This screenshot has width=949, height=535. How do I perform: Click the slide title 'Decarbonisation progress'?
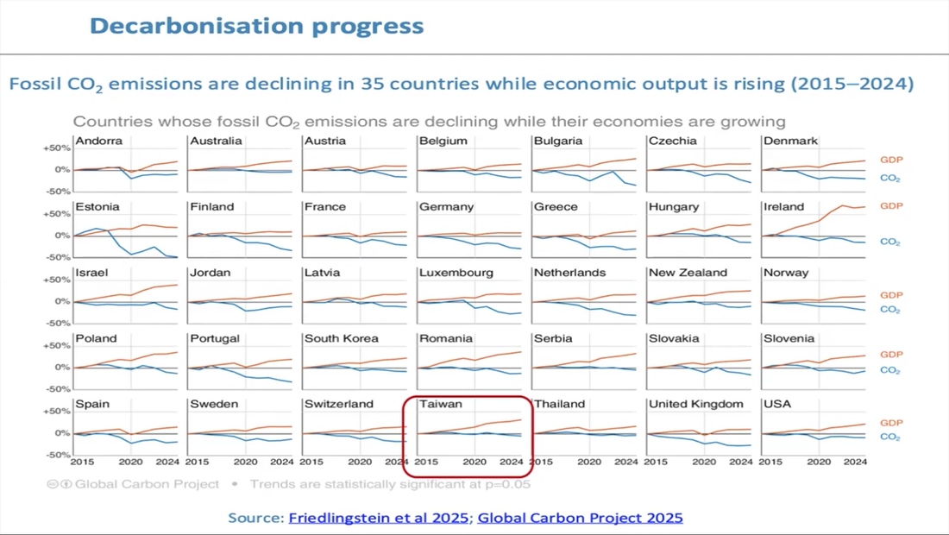point(256,26)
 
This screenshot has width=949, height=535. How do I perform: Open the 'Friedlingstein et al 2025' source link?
point(380,518)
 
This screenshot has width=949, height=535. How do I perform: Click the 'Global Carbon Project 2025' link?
point(580,518)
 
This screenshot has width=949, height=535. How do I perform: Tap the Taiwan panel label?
point(441,404)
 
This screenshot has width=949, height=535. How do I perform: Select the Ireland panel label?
point(783,207)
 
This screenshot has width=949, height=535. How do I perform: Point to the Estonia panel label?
point(97,207)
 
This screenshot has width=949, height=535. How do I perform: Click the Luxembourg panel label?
point(456,273)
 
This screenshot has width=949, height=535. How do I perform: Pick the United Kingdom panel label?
point(695,404)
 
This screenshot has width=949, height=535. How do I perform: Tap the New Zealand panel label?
point(688,273)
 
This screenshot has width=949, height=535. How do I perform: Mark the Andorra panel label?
point(98,141)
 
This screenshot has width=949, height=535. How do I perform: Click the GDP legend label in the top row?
point(891,160)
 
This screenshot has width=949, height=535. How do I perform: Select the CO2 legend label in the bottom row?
point(890,437)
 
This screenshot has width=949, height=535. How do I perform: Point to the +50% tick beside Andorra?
point(56,148)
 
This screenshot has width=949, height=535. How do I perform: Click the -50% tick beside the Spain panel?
point(56,455)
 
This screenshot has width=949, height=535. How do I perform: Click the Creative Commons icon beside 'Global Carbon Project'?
point(55,484)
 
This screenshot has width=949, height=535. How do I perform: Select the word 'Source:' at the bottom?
point(256,518)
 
